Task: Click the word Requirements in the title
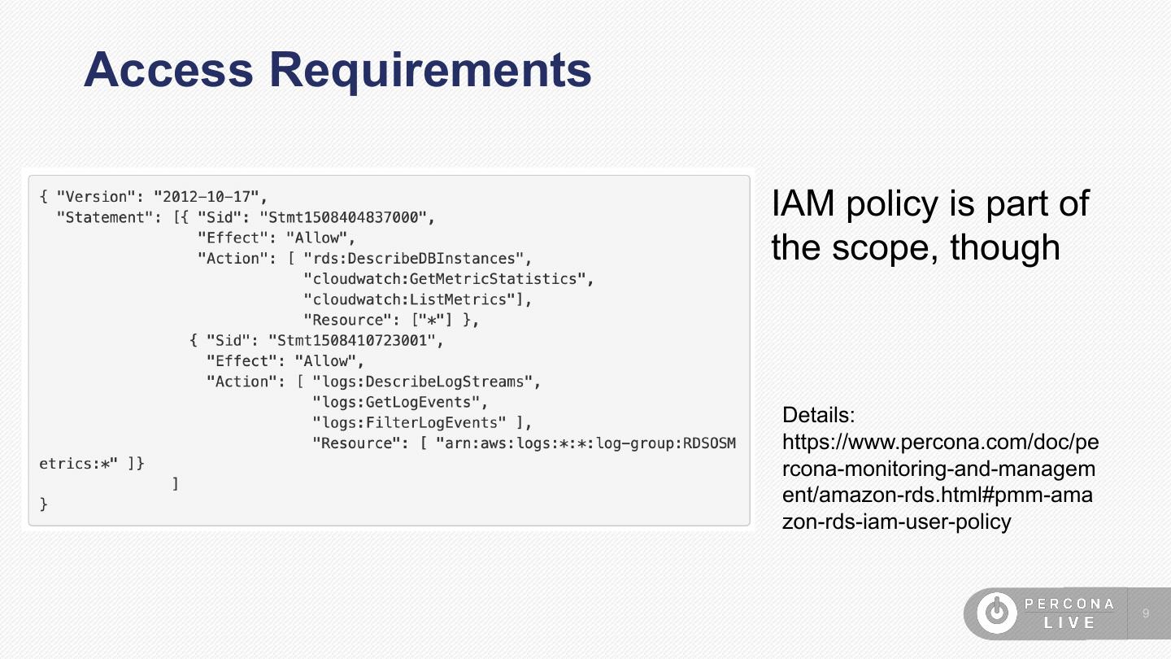[x=430, y=70]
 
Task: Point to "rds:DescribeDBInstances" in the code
[x=413, y=259]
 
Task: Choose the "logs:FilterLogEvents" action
[x=413, y=422]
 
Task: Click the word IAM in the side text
[x=803, y=203]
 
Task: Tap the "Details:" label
[x=818, y=416]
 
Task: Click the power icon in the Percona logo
[x=996, y=613]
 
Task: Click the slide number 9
[x=1146, y=613]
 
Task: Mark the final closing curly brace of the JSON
[x=44, y=504]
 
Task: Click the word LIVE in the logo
[x=1069, y=622]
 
